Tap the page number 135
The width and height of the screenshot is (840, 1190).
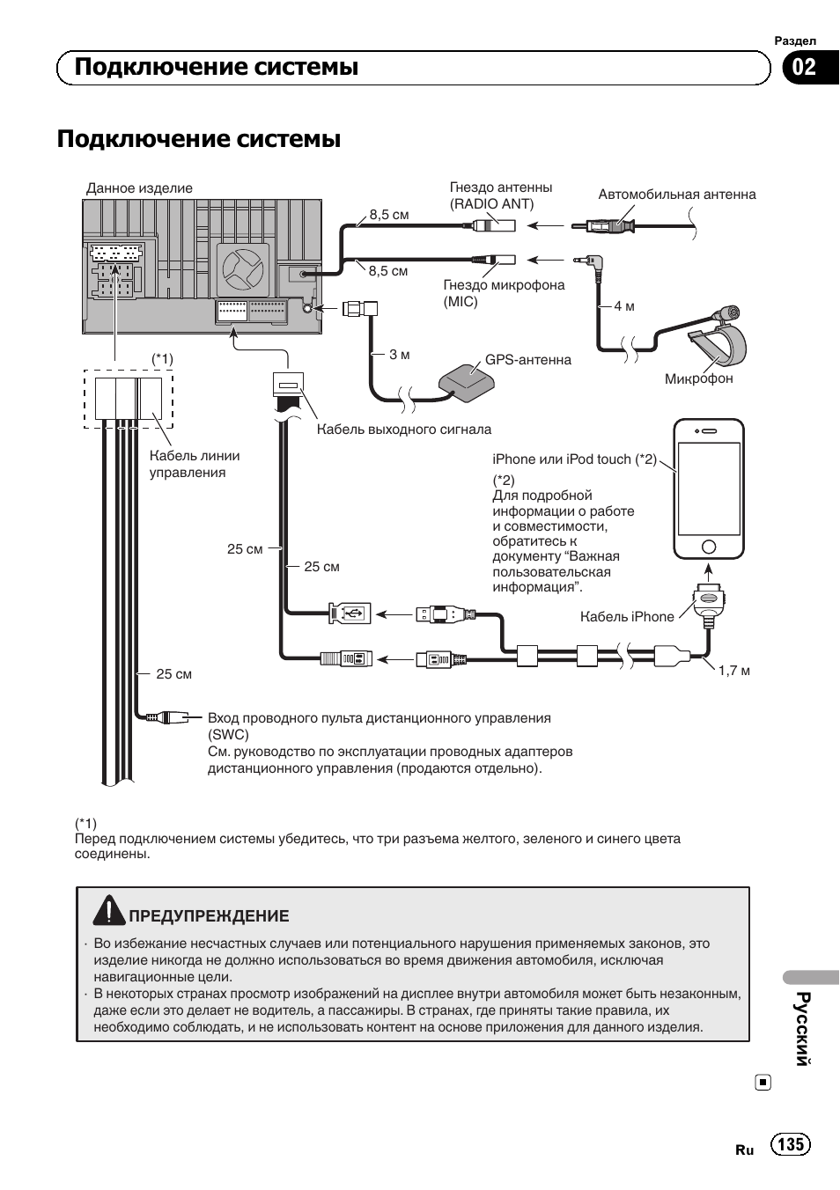pyautogui.click(x=791, y=1143)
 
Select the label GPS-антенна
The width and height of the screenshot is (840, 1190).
pyautogui.click(x=528, y=360)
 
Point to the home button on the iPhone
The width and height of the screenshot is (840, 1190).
pyautogui.click(x=709, y=547)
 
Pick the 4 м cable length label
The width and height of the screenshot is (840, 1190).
pyautogui.click(x=624, y=306)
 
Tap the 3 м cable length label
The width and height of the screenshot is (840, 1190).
pyautogui.click(x=400, y=355)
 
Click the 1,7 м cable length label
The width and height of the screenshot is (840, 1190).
pyautogui.click(x=733, y=671)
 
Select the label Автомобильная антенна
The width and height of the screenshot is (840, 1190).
pyautogui.click(x=677, y=195)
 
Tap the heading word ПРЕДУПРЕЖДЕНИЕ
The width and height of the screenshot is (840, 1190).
pyautogui.click(x=209, y=916)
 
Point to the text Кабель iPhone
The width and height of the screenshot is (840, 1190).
pyautogui.click(x=627, y=617)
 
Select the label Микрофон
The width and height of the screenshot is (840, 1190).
pyautogui.click(x=698, y=379)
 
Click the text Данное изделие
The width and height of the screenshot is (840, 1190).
pyautogui.click(x=139, y=188)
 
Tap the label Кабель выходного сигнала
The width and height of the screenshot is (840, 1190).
pyautogui.click(x=404, y=430)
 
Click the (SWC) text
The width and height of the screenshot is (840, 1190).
pyautogui.click(x=228, y=735)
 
